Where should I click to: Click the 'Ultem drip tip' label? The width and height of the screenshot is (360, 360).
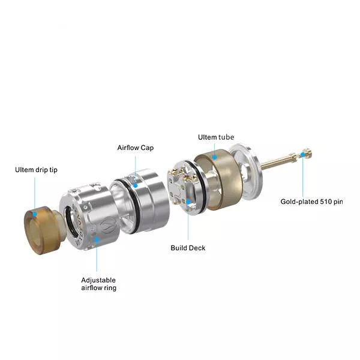coord(36,170)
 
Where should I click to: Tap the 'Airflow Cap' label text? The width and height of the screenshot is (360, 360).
coord(136,148)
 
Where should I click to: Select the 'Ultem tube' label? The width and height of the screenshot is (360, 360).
coord(216,137)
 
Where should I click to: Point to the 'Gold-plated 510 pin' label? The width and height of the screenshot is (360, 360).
coord(311,202)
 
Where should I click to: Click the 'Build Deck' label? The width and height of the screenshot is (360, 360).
coord(188,248)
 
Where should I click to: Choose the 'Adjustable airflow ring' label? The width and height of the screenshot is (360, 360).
coord(99,284)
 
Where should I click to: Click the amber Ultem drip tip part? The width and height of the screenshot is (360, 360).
coord(43,230)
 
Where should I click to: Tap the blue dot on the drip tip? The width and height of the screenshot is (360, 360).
coord(35,214)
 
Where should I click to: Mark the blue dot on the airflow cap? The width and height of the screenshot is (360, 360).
coord(136,185)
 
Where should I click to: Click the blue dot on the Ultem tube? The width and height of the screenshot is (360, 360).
coord(214,157)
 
